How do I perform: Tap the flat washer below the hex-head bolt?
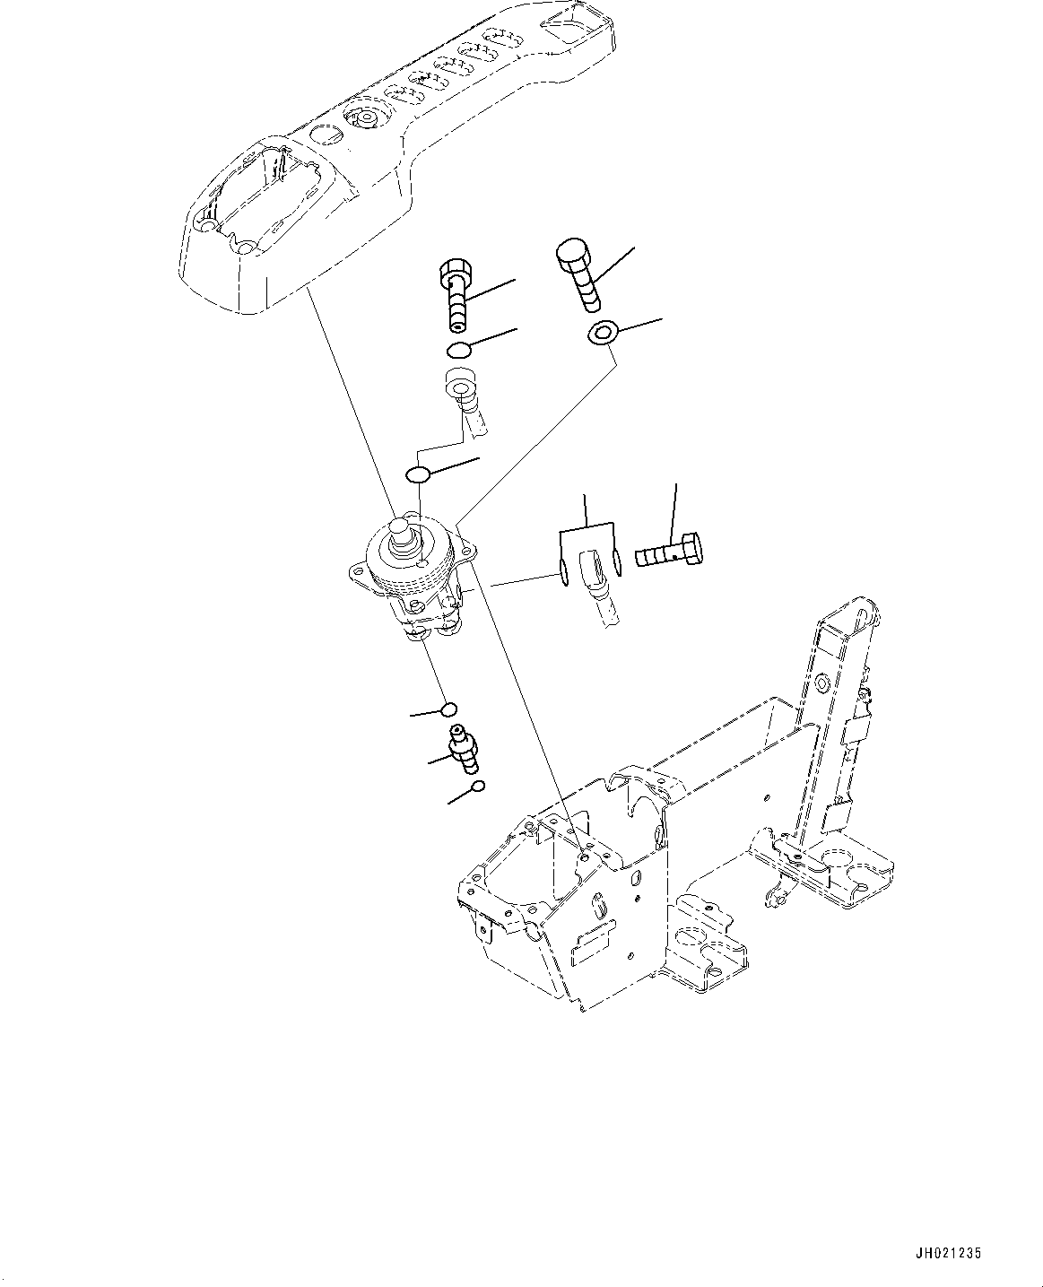tap(602, 335)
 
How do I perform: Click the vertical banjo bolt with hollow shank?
tap(456, 293)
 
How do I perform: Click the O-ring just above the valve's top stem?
tap(419, 474)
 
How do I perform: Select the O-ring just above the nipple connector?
tap(450, 709)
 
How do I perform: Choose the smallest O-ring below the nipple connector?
tap(478, 787)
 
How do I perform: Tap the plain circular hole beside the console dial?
tap(325, 136)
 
